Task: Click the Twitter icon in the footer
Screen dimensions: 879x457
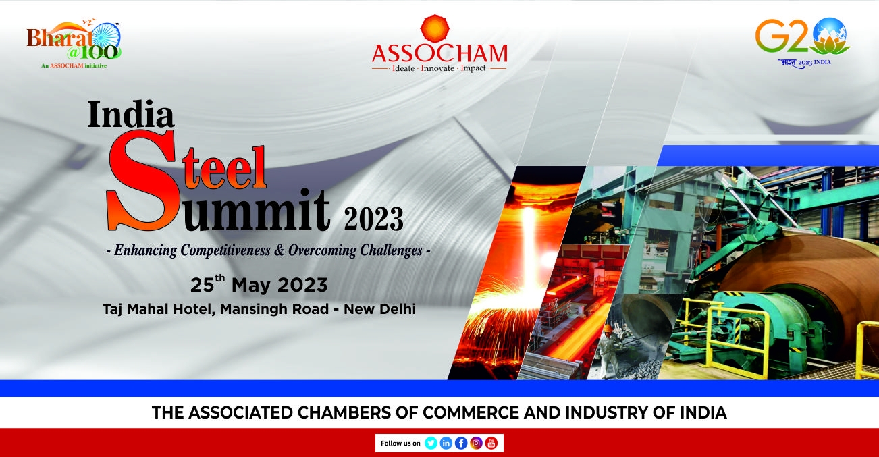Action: (x=431, y=443)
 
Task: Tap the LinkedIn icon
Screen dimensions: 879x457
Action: (x=446, y=443)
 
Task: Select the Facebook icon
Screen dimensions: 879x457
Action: (x=461, y=443)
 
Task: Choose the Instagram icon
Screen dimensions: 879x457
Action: (x=476, y=443)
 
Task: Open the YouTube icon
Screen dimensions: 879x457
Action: (x=491, y=443)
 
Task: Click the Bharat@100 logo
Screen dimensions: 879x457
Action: (x=74, y=44)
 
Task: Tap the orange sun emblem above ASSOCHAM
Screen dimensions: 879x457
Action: (x=435, y=28)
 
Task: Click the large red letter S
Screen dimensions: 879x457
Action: (x=142, y=180)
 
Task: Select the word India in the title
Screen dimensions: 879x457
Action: (x=130, y=115)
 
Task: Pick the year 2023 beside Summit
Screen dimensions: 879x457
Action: (x=373, y=219)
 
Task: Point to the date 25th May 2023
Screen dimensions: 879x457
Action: (x=259, y=284)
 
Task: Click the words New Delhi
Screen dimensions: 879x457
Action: (x=379, y=309)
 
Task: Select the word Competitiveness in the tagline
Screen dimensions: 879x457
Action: (x=225, y=250)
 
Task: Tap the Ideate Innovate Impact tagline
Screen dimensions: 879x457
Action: (x=439, y=68)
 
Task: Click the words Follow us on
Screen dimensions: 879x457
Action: (x=400, y=443)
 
